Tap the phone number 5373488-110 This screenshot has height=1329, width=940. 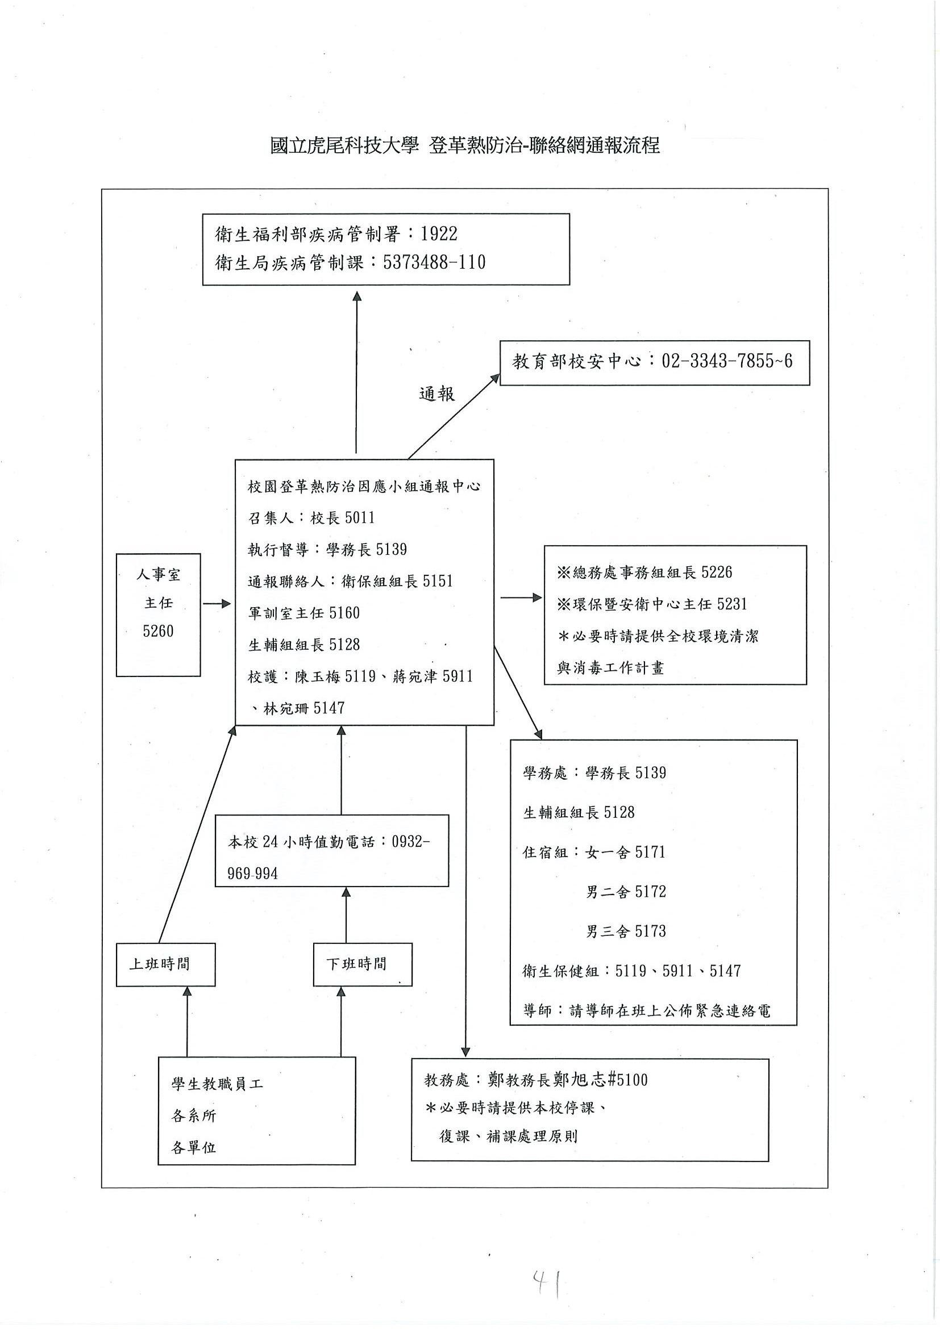[434, 263]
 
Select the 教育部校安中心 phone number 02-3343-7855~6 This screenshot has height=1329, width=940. [727, 361]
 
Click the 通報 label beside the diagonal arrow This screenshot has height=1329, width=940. [436, 394]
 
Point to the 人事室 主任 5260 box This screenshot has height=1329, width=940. [158, 615]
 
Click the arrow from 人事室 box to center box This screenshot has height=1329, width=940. [217, 604]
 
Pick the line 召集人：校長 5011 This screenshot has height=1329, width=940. [311, 517]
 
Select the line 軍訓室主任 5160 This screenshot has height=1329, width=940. [304, 613]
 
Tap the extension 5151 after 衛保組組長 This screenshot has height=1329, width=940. [437, 581]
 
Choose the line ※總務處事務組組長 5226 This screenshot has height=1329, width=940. [644, 572]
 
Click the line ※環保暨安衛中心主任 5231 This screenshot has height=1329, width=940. [651, 604]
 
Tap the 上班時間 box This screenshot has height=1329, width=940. [165, 964]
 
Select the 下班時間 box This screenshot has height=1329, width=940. [363, 964]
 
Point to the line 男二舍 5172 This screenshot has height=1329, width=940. [626, 892]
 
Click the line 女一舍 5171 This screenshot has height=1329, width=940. [626, 852]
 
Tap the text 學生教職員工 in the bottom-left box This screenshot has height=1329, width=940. [217, 1084]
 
